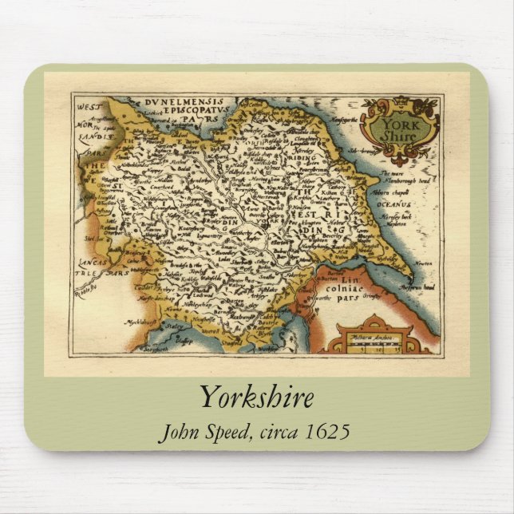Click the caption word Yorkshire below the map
point(256,397)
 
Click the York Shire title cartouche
point(399,128)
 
